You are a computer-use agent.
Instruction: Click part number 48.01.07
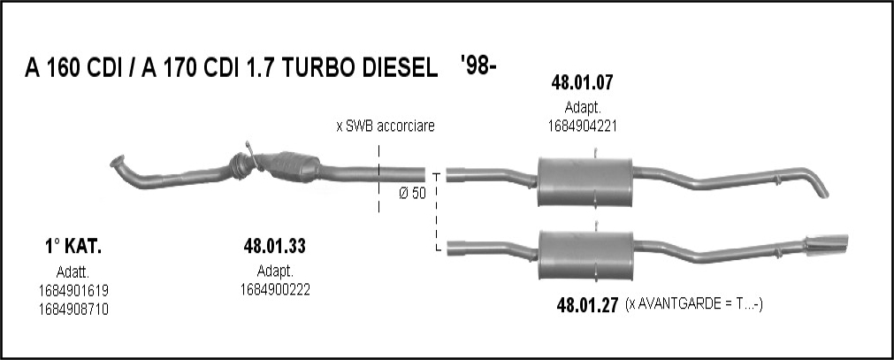click(x=582, y=83)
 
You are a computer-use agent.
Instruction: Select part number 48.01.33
click(x=274, y=246)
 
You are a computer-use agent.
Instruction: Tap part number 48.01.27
click(x=587, y=306)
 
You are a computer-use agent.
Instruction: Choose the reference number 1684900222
click(x=275, y=290)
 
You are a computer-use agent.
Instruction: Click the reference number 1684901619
click(x=73, y=291)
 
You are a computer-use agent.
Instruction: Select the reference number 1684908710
click(x=73, y=310)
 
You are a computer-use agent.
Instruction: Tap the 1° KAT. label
click(x=73, y=247)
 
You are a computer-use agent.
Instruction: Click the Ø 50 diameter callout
click(x=412, y=194)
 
